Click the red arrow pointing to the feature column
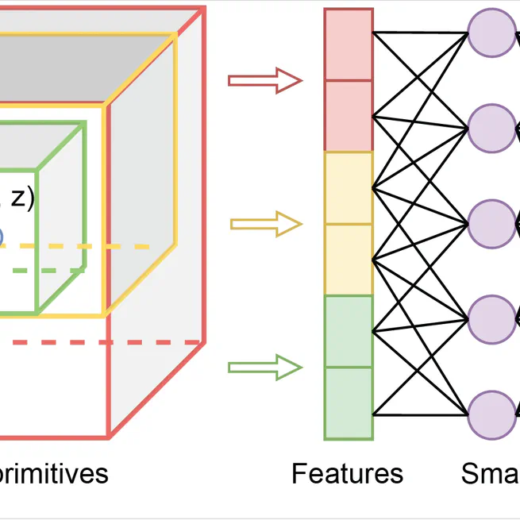pyautogui.click(x=265, y=80)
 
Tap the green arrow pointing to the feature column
pyautogui.click(x=265, y=368)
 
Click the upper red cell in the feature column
pyautogui.click(x=349, y=44)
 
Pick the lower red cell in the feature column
pyautogui.click(x=349, y=116)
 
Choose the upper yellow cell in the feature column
pyautogui.click(x=349, y=188)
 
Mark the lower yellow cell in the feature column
pyautogui.click(x=349, y=260)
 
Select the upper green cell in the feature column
pyautogui.click(x=349, y=331)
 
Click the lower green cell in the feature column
pyautogui.click(x=349, y=403)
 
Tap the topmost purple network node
pyautogui.click(x=492, y=33)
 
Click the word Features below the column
pyautogui.click(x=347, y=474)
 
